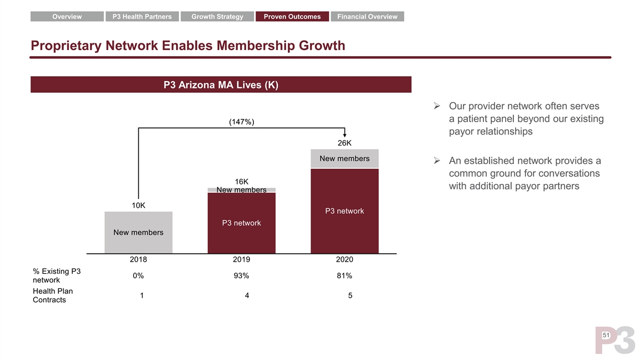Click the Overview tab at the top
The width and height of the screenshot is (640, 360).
click(67, 17)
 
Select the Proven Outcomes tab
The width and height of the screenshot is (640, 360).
click(292, 17)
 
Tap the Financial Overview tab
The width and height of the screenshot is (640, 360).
click(367, 17)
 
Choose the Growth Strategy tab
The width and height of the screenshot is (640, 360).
click(217, 17)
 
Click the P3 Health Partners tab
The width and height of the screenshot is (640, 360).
click(142, 17)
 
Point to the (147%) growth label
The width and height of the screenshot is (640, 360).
click(242, 122)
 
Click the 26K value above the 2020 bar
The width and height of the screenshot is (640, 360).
click(344, 143)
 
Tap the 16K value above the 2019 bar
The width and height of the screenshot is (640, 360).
click(242, 182)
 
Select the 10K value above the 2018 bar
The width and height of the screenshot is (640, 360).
click(138, 205)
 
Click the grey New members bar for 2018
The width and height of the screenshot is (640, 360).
click(138, 232)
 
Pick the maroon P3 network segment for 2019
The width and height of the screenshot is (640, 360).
click(242, 223)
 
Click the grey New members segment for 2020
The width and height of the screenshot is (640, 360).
click(344, 159)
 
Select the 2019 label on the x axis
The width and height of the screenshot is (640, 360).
click(242, 259)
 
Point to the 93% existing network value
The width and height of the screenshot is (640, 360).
click(242, 276)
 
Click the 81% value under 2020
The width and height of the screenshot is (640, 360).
click(344, 276)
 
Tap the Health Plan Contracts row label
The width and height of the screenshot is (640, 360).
click(53, 296)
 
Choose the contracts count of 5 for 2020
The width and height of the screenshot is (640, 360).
click(350, 296)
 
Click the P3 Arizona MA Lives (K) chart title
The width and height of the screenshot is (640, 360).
click(221, 85)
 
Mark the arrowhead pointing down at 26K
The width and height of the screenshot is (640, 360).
click(345, 134)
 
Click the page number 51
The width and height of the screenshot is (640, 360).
click(606, 336)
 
